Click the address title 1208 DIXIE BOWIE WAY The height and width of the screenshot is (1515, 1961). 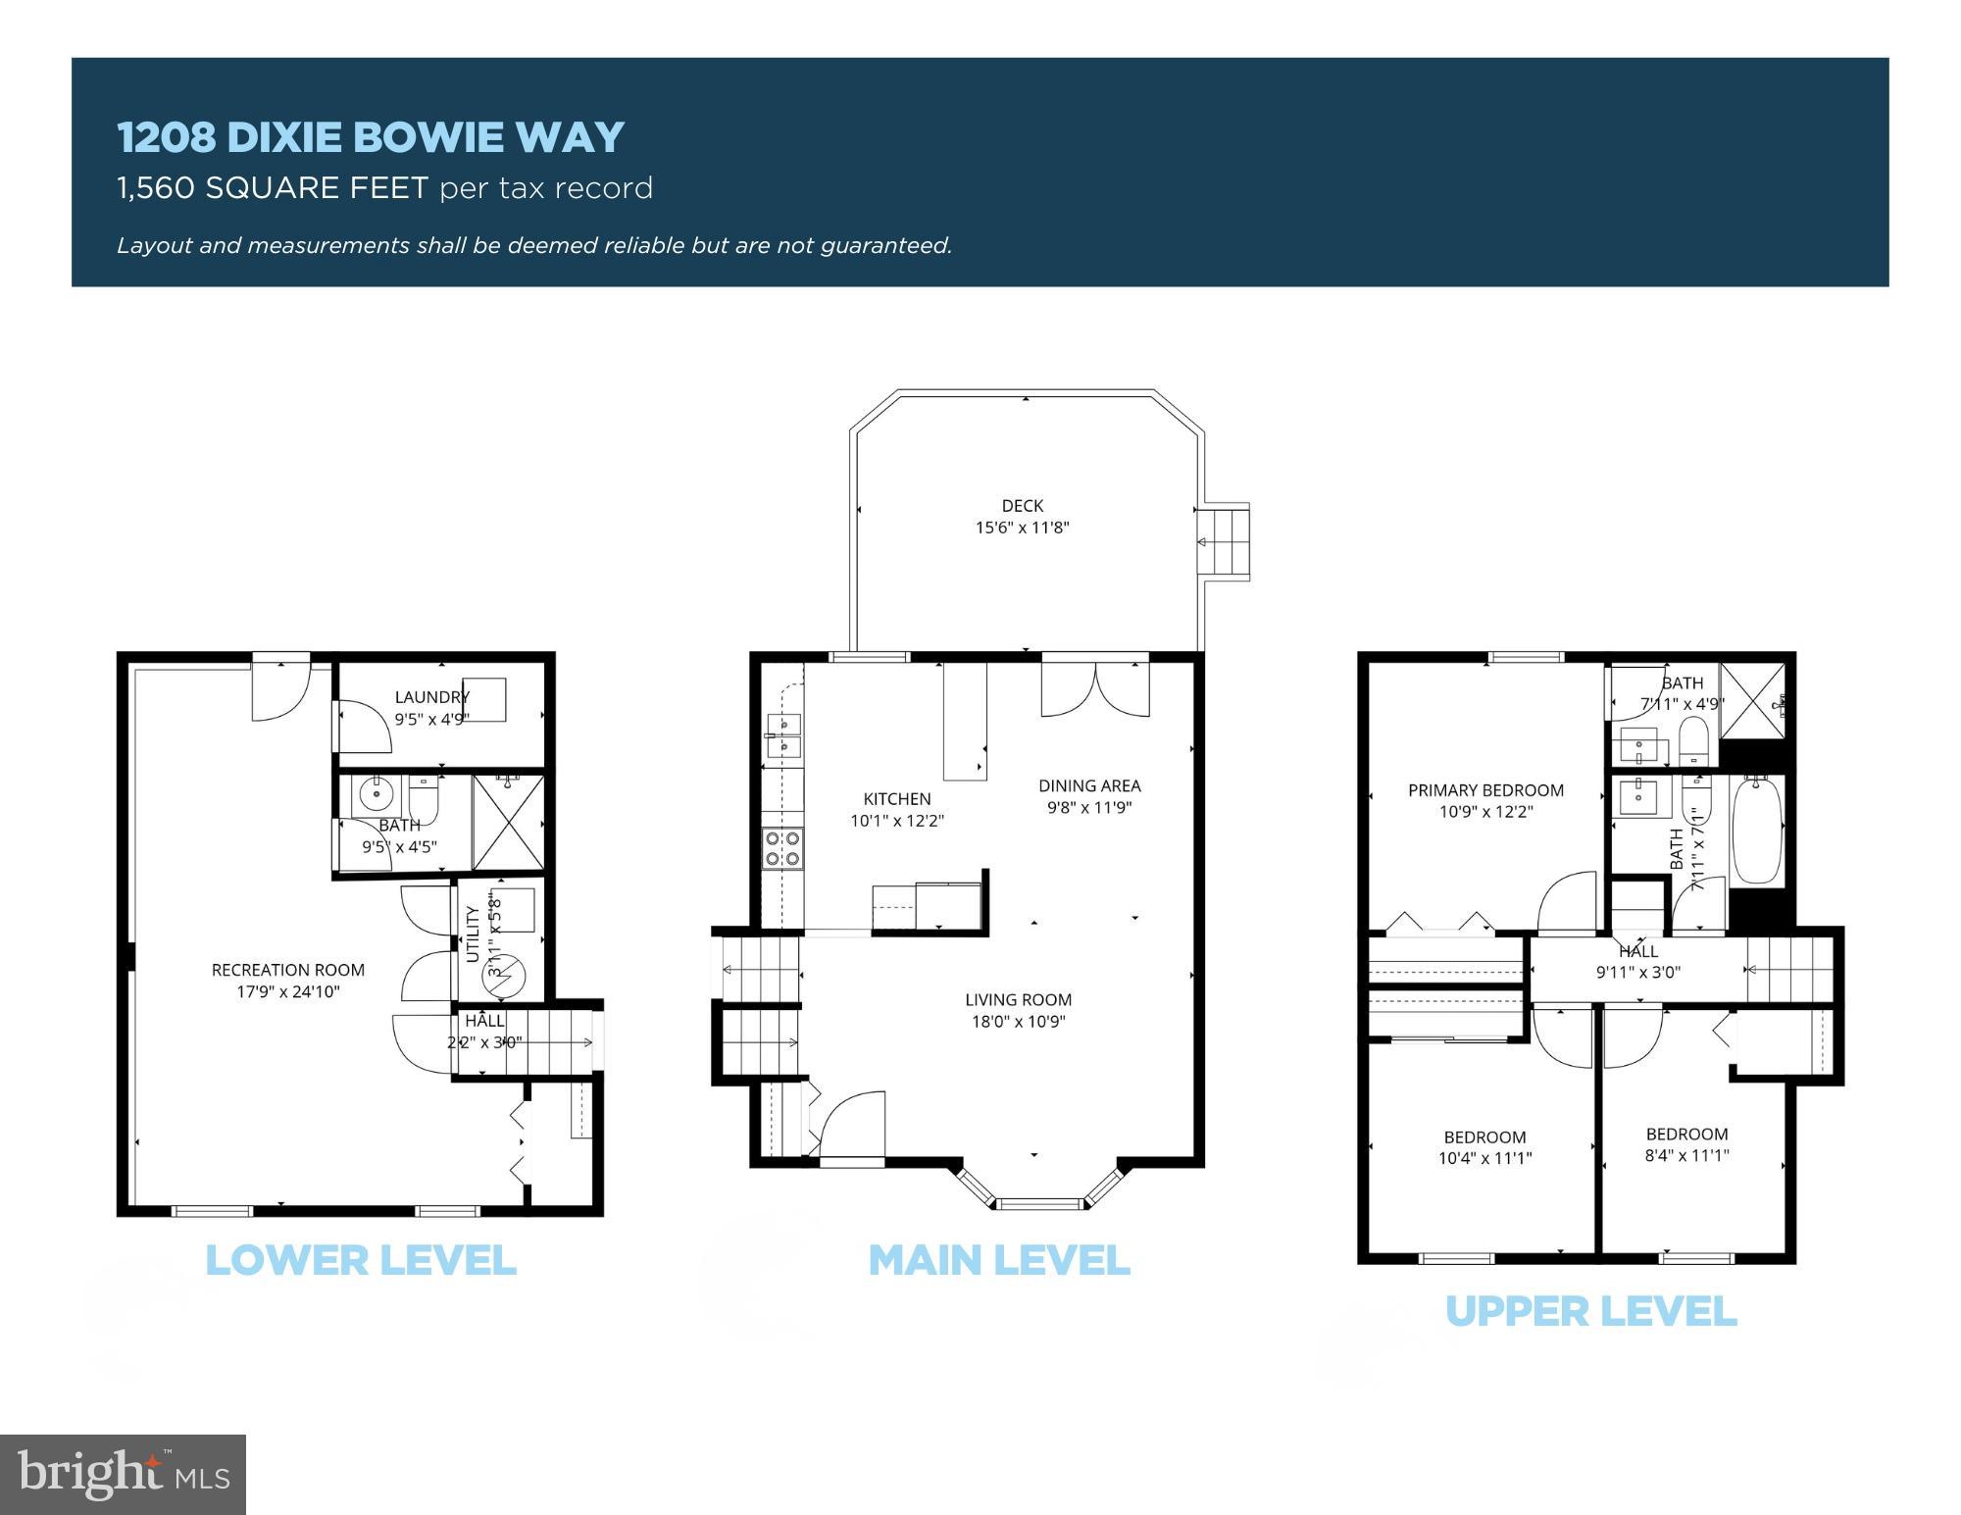(x=371, y=137)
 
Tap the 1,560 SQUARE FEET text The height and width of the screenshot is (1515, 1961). (x=273, y=188)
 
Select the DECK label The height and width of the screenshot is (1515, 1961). (x=1022, y=506)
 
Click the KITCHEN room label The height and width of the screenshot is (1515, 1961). (x=896, y=799)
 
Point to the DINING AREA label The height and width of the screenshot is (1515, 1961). (x=1089, y=785)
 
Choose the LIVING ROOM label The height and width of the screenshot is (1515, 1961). (x=1018, y=1000)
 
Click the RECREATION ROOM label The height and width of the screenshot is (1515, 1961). (x=287, y=970)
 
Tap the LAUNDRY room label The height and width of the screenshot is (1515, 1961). (x=431, y=697)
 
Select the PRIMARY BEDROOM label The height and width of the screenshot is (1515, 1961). (x=1485, y=790)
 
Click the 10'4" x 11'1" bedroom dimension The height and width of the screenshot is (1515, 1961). (x=1484, y=1158)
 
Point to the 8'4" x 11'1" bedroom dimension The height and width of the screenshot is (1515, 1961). (x=1686, y=1155)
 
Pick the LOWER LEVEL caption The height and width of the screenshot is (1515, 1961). (x=360, y=1260)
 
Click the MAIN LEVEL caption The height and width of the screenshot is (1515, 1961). (x=999, y=1260)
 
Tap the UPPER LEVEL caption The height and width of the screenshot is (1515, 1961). (x=1590, y=1311)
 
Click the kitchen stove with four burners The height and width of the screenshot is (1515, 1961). (x=782, y=849)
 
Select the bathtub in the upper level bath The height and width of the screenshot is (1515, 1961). (x=1756, y=830)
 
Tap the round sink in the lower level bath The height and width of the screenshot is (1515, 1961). (x=376, y=790)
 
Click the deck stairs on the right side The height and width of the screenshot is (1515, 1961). (x=1226, y=542)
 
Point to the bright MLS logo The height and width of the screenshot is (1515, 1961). (x=123, y=1474)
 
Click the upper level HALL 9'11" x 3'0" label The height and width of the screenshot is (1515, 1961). (x=1637, y=962)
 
